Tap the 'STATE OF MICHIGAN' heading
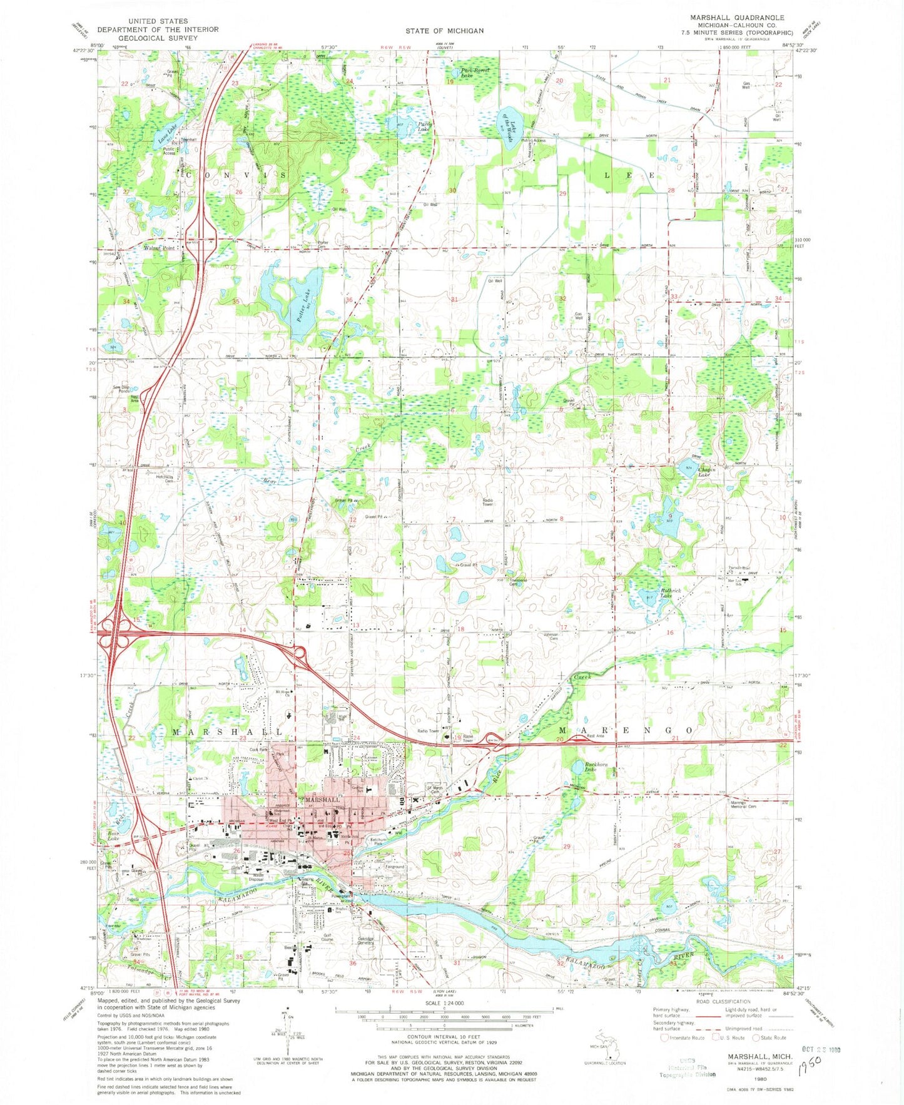pyautogui.click(x=444, y=31)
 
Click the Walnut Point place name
pyautogui.click(x=160, y=248)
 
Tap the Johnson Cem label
pyautogui.click(x=551, y=636)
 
